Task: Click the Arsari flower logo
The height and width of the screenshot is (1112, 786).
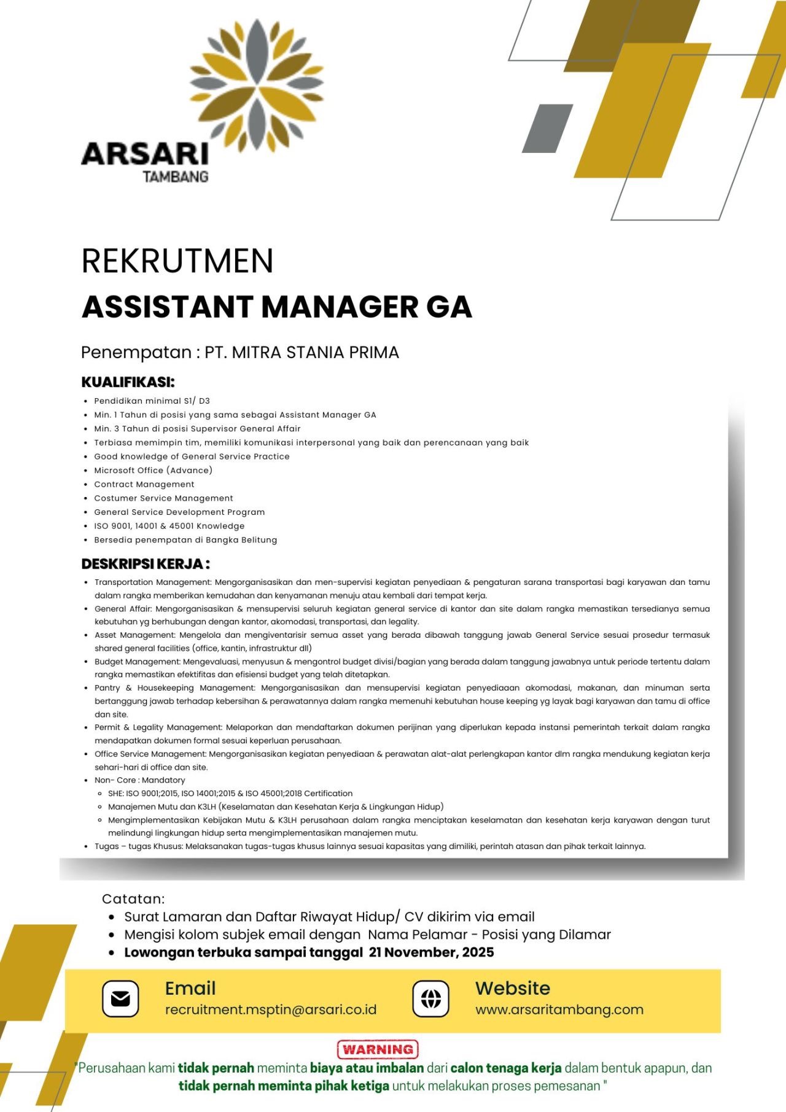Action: point(257,86)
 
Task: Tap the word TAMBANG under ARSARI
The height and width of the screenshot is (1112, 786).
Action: point(176,177)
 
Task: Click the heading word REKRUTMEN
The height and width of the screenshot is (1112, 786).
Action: point(177,260)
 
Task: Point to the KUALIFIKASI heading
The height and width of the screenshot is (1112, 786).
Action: point(128,382)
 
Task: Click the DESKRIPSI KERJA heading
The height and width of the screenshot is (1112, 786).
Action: point(146,564)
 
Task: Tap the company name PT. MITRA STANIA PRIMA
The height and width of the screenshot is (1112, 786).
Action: point(302,353)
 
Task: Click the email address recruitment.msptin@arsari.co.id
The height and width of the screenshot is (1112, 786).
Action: point(270,1010)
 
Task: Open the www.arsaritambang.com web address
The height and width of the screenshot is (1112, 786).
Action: point(559,1010)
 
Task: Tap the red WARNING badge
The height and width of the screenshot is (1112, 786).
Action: point(378,1049)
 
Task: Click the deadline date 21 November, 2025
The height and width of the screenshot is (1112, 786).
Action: point(431,952)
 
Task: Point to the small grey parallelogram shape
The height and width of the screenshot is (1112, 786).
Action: point(547,128)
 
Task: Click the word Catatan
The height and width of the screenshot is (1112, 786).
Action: point(133,899)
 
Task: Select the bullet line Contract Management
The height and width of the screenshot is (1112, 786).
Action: point(144,484)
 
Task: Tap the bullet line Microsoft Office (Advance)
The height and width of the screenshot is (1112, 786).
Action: point(153,471)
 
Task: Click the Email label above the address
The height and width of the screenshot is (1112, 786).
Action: point(190,989)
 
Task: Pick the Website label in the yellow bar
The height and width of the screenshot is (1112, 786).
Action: point(513,989)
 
